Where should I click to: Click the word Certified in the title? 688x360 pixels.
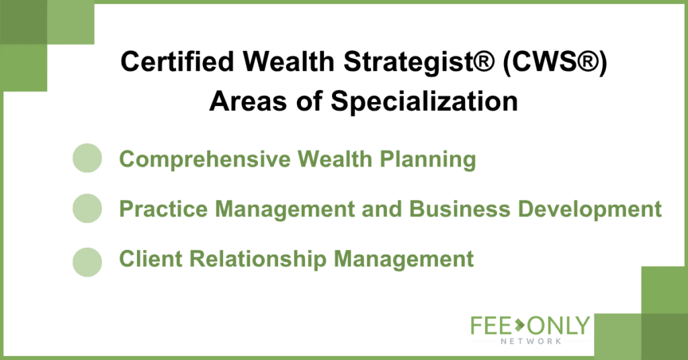tap(177, 61)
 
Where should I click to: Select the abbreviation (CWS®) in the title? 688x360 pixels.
tap(555, 62)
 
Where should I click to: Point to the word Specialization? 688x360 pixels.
tap(425, 102)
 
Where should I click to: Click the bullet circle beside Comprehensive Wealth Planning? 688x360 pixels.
tap(87, 158)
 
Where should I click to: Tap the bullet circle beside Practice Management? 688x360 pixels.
tap(87, 208)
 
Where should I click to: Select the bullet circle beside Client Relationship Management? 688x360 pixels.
tap(87, 262)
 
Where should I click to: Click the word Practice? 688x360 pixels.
tap(163, 209)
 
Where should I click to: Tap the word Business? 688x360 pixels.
tap(460, 209)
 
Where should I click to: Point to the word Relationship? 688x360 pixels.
tap(258, 259)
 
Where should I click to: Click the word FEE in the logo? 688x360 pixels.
tap(491, 326)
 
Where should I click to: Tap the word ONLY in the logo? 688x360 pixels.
tap(558, 326)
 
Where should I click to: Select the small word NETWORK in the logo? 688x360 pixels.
tap(531, 341)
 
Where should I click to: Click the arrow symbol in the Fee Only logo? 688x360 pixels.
tap(520, 326)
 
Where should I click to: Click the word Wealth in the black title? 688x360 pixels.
tap(289, 61)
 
